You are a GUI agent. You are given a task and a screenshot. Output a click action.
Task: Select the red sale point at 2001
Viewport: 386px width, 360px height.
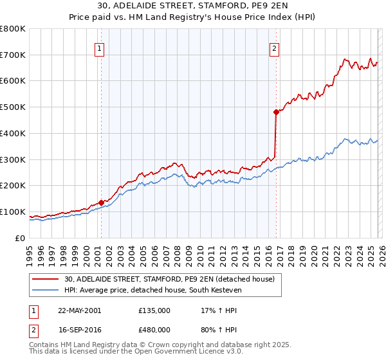coord(102,203)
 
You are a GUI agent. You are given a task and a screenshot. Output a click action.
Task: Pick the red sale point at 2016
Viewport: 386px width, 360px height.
coord(276,112)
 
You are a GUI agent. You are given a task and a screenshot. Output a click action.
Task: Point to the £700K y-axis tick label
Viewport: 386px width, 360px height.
coord(13,55)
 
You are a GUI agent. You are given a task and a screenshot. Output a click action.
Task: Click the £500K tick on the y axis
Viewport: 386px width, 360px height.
coord(13,107)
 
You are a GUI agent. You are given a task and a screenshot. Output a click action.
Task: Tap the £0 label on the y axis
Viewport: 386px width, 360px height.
coord(21,238)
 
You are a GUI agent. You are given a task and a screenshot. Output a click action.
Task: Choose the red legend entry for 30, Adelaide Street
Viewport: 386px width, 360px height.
coord(169,279)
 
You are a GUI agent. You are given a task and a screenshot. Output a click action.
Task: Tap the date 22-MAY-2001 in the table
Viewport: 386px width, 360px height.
coord(79,310)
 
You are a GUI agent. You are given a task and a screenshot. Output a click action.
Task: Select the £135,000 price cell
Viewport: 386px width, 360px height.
coord(154,310)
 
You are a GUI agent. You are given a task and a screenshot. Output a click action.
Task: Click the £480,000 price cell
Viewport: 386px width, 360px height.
coord(154,331)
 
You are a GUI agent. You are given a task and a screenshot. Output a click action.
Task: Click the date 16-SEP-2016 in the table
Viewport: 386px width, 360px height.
coord(79,331)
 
